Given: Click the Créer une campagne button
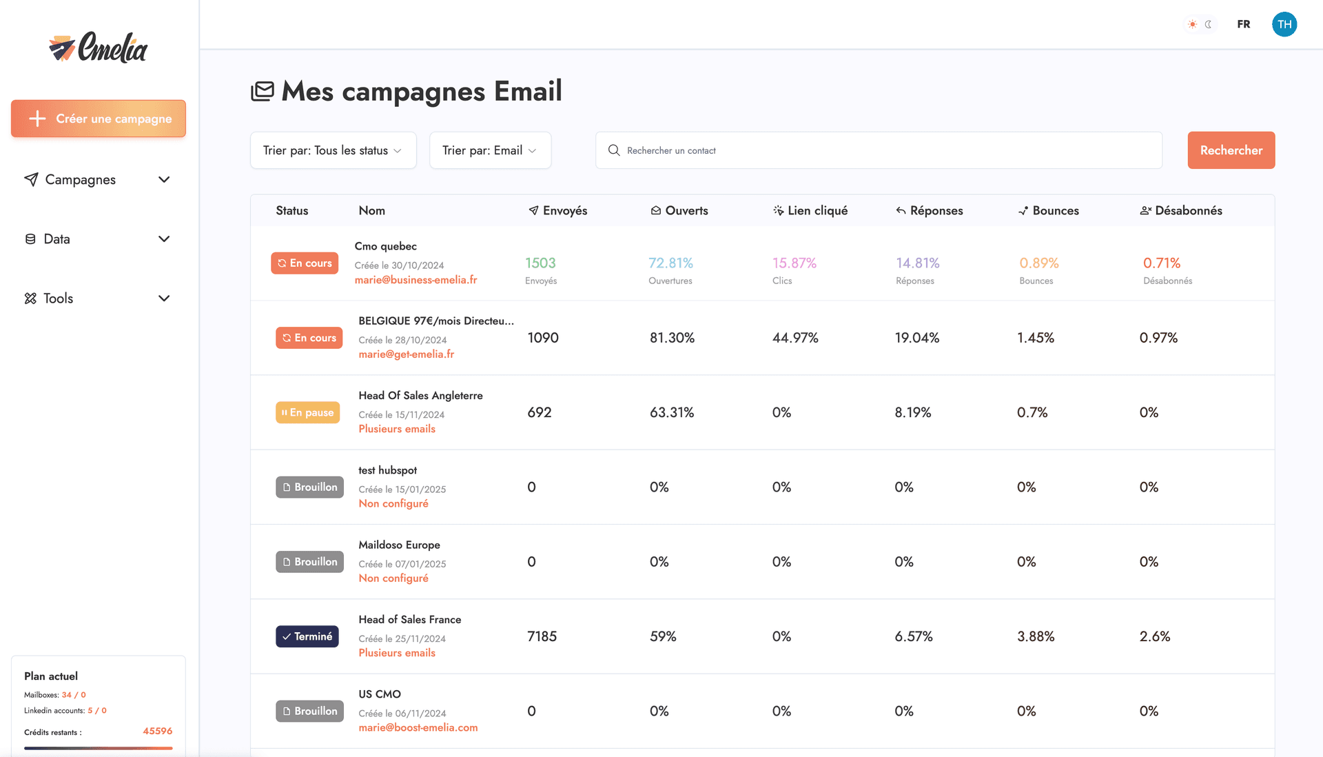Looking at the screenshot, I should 99,119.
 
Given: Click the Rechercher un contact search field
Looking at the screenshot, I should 879,150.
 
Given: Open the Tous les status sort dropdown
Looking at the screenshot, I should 333,150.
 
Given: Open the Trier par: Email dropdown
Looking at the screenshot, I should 490,150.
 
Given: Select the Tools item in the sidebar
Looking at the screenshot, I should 59,299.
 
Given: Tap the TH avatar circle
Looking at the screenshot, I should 1284,24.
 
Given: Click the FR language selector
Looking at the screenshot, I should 1243,24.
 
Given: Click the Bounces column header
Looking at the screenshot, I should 1055,211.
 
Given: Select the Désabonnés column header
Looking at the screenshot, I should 1188,211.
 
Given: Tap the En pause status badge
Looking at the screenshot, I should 308,412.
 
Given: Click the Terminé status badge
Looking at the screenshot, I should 307,636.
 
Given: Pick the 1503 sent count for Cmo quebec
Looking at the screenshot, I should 540,263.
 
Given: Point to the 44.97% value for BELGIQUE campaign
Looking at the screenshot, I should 795,338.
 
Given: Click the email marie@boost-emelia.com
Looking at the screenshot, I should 418,727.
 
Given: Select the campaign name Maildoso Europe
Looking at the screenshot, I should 399,545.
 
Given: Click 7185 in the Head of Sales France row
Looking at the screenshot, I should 542,636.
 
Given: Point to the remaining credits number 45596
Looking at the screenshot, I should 157,731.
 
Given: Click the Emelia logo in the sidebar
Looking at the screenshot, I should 99,48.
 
